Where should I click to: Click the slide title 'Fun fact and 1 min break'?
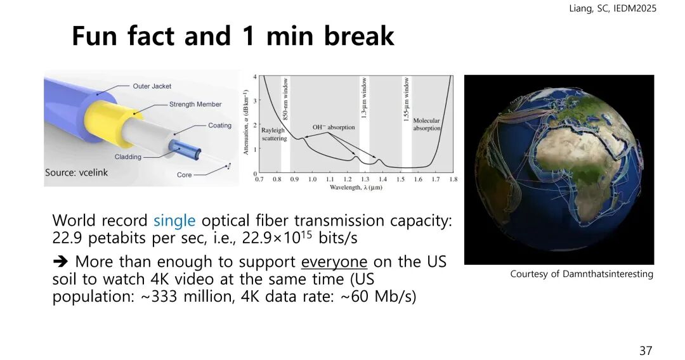click(x=233, y=35)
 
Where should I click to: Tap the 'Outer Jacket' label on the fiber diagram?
click(x=152, y=86)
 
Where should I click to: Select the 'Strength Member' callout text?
click(x=195, y=105)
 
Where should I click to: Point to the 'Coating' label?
click(x=219, y=125)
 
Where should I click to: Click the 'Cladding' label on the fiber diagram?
click(x=128, y=157)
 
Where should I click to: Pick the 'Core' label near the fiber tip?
click(x=185, y=174)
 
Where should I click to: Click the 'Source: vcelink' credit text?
click(x=77, y=172)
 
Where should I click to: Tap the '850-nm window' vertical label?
click(x=285, y=99)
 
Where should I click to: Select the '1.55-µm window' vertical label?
click(x=407, y=99)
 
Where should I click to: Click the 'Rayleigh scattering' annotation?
click(x=274, y=134)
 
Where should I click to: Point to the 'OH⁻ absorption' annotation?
click(x=334, y=127)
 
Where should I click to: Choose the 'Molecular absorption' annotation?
click(x=427, y=124)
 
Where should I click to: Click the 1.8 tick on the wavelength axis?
click(x=453, y=179)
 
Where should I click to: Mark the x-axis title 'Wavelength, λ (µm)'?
click(x=356, y=187)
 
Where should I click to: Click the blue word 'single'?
click(x=174, y=221)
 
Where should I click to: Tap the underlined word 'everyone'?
click(x=334, y=262)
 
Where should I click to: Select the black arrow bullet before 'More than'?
click(x=60, y=261)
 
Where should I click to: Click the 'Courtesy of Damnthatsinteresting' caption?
click(x=582, y=274)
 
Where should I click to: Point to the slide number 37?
click(x=646, y=350)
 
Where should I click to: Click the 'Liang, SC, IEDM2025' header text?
click(x=613, y=8)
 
